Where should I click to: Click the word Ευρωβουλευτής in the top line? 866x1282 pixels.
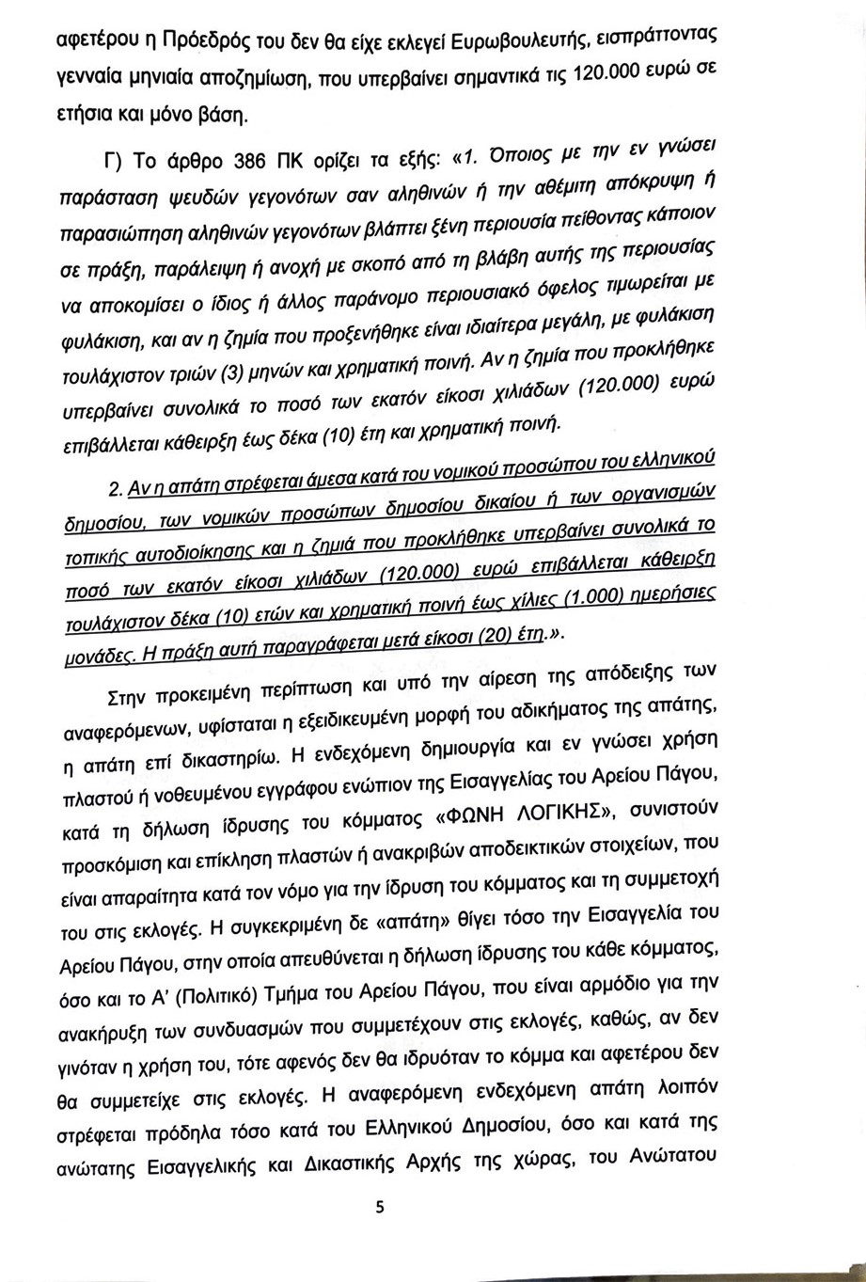(x=512, y=41)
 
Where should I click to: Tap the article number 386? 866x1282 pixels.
(x=252, y=160)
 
